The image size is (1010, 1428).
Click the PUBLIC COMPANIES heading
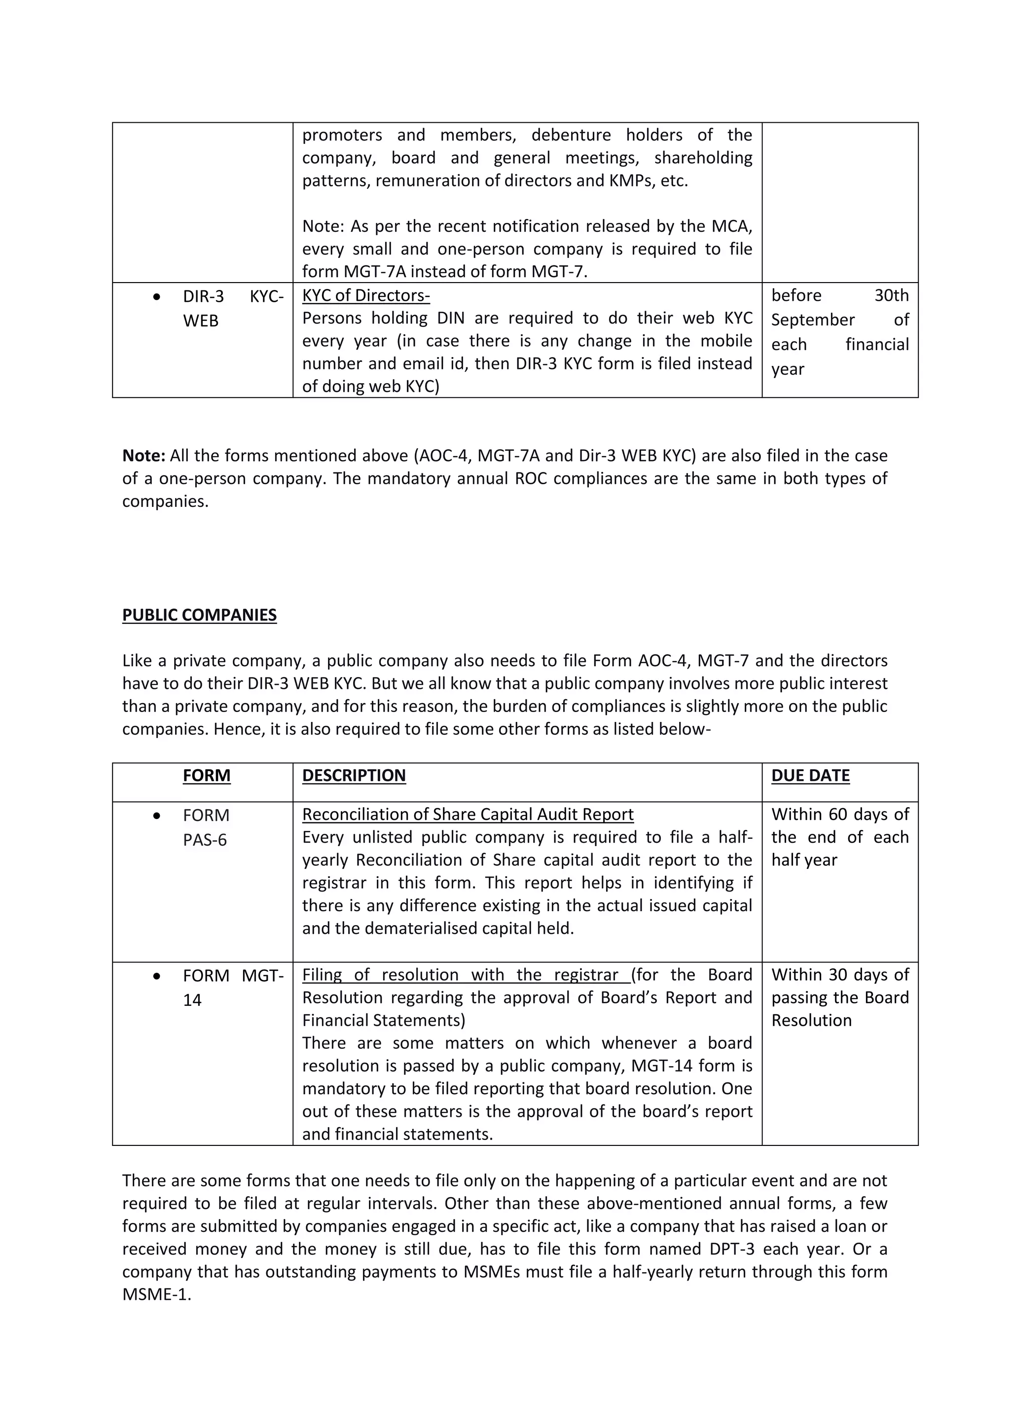(199, 615)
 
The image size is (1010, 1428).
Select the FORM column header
(207, 776)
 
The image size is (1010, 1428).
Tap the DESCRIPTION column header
(354, 776)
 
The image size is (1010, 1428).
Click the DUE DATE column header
(810, 776)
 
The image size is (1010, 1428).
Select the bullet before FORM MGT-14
(157, 976)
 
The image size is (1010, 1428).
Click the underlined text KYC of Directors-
(366, 295)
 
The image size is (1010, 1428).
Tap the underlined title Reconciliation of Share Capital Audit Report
(468, 815)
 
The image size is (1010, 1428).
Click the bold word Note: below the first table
(144, 456)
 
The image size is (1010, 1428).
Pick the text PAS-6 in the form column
(205, 840)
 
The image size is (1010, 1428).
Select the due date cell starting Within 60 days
(839, 837)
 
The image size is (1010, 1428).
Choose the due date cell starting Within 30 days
(839, 998)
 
